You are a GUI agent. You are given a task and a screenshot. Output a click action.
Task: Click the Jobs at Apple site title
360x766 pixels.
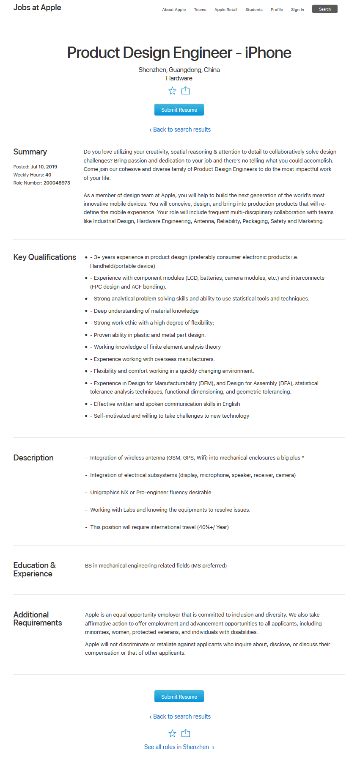tap(37, 8)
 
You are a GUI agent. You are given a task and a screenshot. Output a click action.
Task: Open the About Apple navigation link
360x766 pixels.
tap(174, 10)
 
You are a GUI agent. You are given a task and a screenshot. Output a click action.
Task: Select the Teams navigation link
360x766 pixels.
tap(200, 10)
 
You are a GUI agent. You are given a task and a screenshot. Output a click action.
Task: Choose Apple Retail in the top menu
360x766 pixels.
tap(226, 10)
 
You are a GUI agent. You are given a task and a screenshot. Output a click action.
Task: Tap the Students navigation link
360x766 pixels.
tap(254, 10)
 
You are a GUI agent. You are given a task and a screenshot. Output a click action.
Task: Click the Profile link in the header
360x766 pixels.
tap(277, 10)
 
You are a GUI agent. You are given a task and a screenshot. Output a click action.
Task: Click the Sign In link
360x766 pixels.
tap(297, 10)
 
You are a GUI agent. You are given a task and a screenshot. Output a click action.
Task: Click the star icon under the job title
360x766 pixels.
tap(172, 91)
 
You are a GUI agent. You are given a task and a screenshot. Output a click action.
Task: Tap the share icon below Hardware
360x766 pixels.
tap(186, 91)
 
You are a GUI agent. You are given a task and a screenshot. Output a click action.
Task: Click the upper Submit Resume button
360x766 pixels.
tap(179, 110)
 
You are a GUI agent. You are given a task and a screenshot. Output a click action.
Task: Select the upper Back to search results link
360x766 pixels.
tap(180, 130)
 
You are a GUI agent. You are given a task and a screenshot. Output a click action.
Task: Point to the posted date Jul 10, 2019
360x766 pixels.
tap(44, 167)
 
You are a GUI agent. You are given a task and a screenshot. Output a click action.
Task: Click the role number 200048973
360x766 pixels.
tap(57, 183)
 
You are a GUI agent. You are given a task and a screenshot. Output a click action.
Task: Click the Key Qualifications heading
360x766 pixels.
tap(45, 257)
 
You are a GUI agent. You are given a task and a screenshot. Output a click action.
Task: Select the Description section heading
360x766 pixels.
tap(33, 458)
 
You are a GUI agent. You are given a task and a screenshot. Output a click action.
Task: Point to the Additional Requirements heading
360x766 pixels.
tap(38, 619)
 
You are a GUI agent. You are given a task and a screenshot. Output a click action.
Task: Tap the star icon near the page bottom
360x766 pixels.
tap(172, 733)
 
